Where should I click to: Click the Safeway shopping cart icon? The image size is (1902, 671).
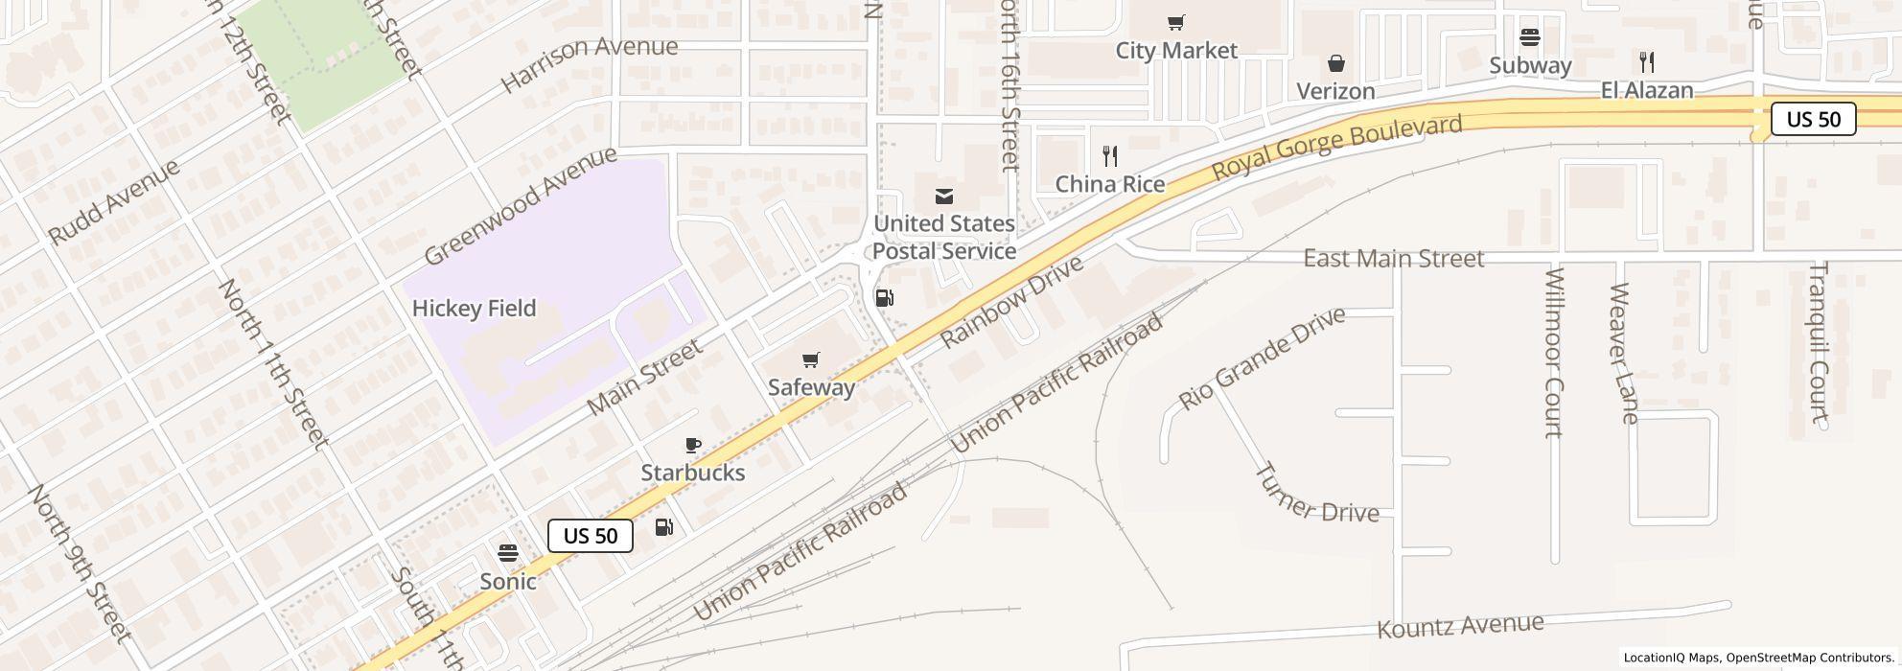[x=811, y=360]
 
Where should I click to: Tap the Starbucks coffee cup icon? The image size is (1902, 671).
[x=693, y=445]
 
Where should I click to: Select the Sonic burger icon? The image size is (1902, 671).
[x=508, y=553]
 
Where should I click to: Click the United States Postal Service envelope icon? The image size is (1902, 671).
[x=944, y=197]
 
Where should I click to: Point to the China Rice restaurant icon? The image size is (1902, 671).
[x=1110, y=155]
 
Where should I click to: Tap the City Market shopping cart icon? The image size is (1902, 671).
[x=1176, y=22]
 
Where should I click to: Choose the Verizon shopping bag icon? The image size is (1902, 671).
[x=1335, y=63]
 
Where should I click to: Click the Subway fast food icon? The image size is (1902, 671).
[x=1530, y=37]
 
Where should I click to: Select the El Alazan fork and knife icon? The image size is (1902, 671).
[x=1647, y=62]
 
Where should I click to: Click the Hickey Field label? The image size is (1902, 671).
[x=474, y=309]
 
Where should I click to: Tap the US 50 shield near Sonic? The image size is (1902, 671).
[x=591, y=536]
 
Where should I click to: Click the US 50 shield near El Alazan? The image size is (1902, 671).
[x=1814, y=119]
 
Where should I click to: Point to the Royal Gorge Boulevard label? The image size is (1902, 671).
[x=1337, y=147]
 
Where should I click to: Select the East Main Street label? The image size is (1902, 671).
[x=1393, y=259]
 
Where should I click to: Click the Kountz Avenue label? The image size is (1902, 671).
[x=1460, y=626]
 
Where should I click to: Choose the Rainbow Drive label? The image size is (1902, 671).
[x=1011, y=302]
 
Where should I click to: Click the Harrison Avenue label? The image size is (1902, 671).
[x=589, y=63]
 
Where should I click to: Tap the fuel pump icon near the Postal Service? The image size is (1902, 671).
[x=885, y=298]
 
